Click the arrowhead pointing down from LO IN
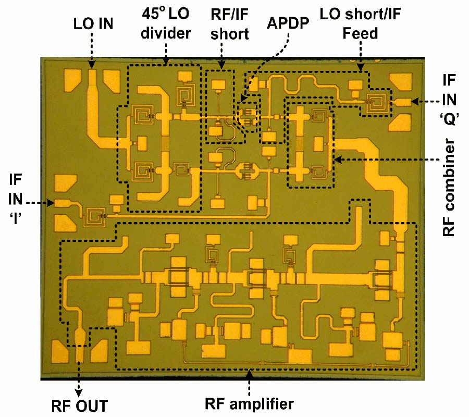coord(92,66)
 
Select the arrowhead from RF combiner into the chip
coord(337,159)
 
